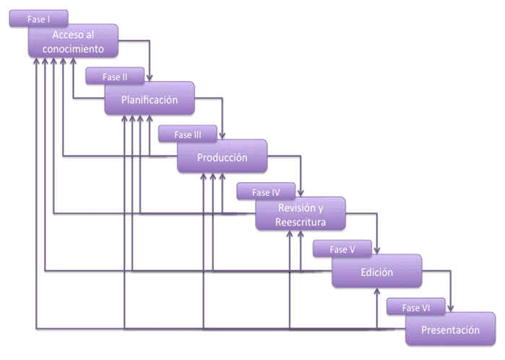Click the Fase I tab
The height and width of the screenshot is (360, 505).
point(39,19)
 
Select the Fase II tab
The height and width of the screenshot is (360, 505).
point(115,76)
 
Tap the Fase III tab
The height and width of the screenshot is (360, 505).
point(188,134)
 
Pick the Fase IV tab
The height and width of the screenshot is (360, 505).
point(266,192)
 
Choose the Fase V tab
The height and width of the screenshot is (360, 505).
point(342,249)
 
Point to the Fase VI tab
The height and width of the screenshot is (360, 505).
point(416,307)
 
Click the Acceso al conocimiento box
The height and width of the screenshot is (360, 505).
point(73,42)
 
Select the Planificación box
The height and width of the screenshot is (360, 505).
point(150,100)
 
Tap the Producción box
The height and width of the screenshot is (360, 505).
point(223,158)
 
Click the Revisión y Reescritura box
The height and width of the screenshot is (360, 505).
point(301,215)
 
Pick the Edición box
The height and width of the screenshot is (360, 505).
point(376,273)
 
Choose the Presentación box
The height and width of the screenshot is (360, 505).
point(451,330)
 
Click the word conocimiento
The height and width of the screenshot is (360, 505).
point(73,49)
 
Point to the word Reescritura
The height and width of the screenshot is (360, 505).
point(301,222)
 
